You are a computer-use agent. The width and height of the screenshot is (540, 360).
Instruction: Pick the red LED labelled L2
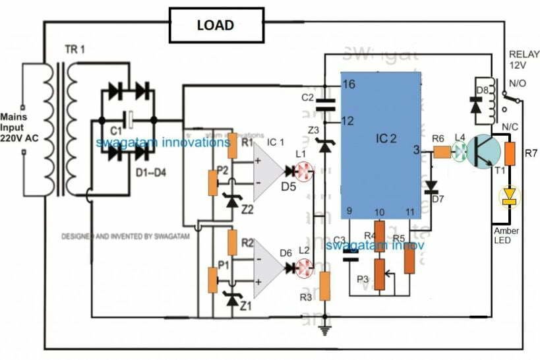305,268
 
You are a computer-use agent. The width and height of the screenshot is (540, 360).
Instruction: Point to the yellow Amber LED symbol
508,195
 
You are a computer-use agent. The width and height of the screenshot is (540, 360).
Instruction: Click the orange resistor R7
508,154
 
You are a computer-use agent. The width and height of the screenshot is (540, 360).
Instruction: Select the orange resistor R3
324,286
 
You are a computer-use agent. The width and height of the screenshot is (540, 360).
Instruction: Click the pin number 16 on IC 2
349,84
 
